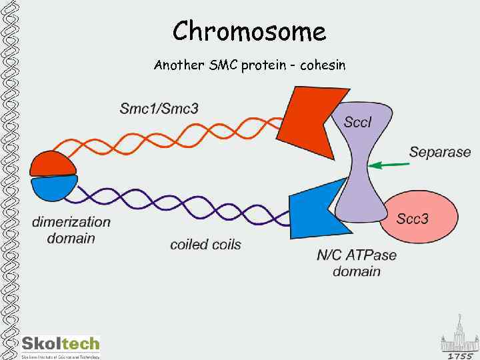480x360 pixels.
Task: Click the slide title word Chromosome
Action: tap(249, 31)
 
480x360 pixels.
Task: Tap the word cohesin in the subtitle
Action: tap(323, 65)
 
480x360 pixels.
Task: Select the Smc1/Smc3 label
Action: tap(159, 108)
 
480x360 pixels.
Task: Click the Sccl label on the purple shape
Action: tap(359, 121)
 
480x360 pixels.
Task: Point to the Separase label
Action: tap(440, 152)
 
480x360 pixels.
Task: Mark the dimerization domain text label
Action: tap(71, 230)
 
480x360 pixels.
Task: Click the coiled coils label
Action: tap(205, 244)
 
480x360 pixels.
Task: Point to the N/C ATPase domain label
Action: tap(357, 263)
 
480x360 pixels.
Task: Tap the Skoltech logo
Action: tap(60, 345)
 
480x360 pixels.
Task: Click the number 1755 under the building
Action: tap(459, 355)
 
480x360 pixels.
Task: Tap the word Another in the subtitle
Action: tap(176, 65)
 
